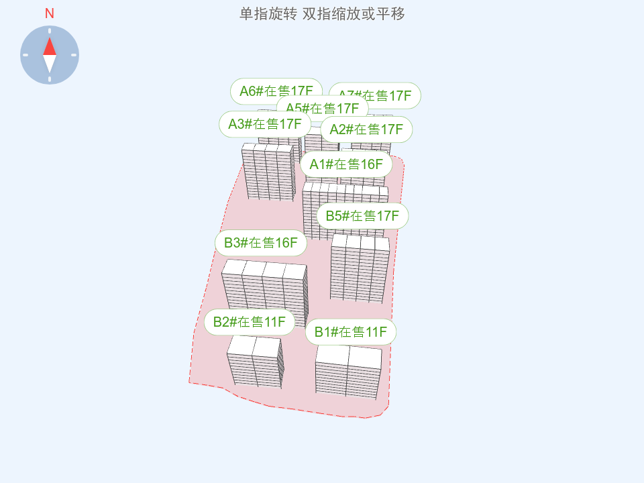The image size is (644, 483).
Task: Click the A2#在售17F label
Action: coord(366,129)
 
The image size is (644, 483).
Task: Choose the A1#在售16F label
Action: coord(345,164)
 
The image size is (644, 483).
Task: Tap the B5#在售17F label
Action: coord(362,216)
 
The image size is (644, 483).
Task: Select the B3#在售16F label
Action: coord(260,243)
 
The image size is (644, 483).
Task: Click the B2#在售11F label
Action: coord(250,322)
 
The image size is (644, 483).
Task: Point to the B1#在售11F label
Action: coord(350,332)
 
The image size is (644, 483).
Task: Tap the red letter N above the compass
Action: coord(50,13)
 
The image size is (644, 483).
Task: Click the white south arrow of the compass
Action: coord(50,64)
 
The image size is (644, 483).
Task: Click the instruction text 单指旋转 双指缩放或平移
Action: coord(322,13)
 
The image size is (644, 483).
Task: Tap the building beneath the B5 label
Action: coord(360,268)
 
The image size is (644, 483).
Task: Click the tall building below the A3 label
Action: coord(268,171)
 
